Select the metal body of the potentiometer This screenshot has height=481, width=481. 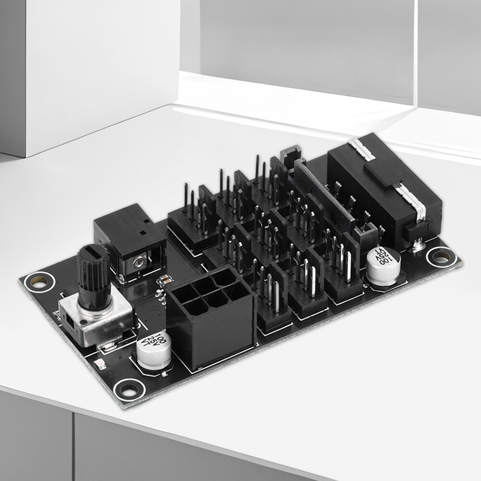(x=96, y=322)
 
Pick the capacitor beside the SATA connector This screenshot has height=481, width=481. (x=383, y=266)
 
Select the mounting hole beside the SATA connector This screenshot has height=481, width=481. (x=441, y=256)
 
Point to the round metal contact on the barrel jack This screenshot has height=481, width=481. (x=139, y=262)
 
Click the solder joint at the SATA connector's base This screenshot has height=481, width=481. (x=417, y=247)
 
